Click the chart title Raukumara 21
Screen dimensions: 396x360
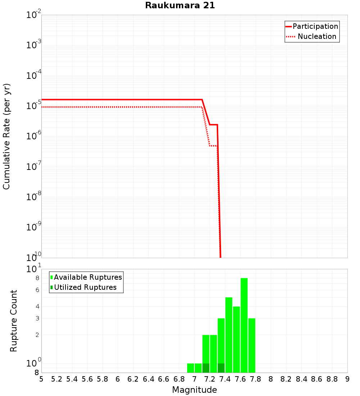180,5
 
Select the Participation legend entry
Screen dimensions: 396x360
315,26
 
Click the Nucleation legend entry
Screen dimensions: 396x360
316,36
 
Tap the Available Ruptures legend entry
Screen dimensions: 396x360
88,277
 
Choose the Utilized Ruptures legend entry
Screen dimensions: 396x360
85,287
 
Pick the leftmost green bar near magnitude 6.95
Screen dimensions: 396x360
190,368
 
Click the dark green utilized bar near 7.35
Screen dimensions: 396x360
221,368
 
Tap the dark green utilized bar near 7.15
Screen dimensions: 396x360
206,368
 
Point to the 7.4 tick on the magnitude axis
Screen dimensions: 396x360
225,379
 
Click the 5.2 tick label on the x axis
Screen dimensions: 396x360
57,379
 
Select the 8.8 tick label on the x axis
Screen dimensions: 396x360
332,379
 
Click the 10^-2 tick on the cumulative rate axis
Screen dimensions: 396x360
34,15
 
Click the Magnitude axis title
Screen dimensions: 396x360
194,390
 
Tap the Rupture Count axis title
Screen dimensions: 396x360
14,320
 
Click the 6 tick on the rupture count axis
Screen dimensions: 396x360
37,290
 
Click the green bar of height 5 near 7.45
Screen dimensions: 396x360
229,335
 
